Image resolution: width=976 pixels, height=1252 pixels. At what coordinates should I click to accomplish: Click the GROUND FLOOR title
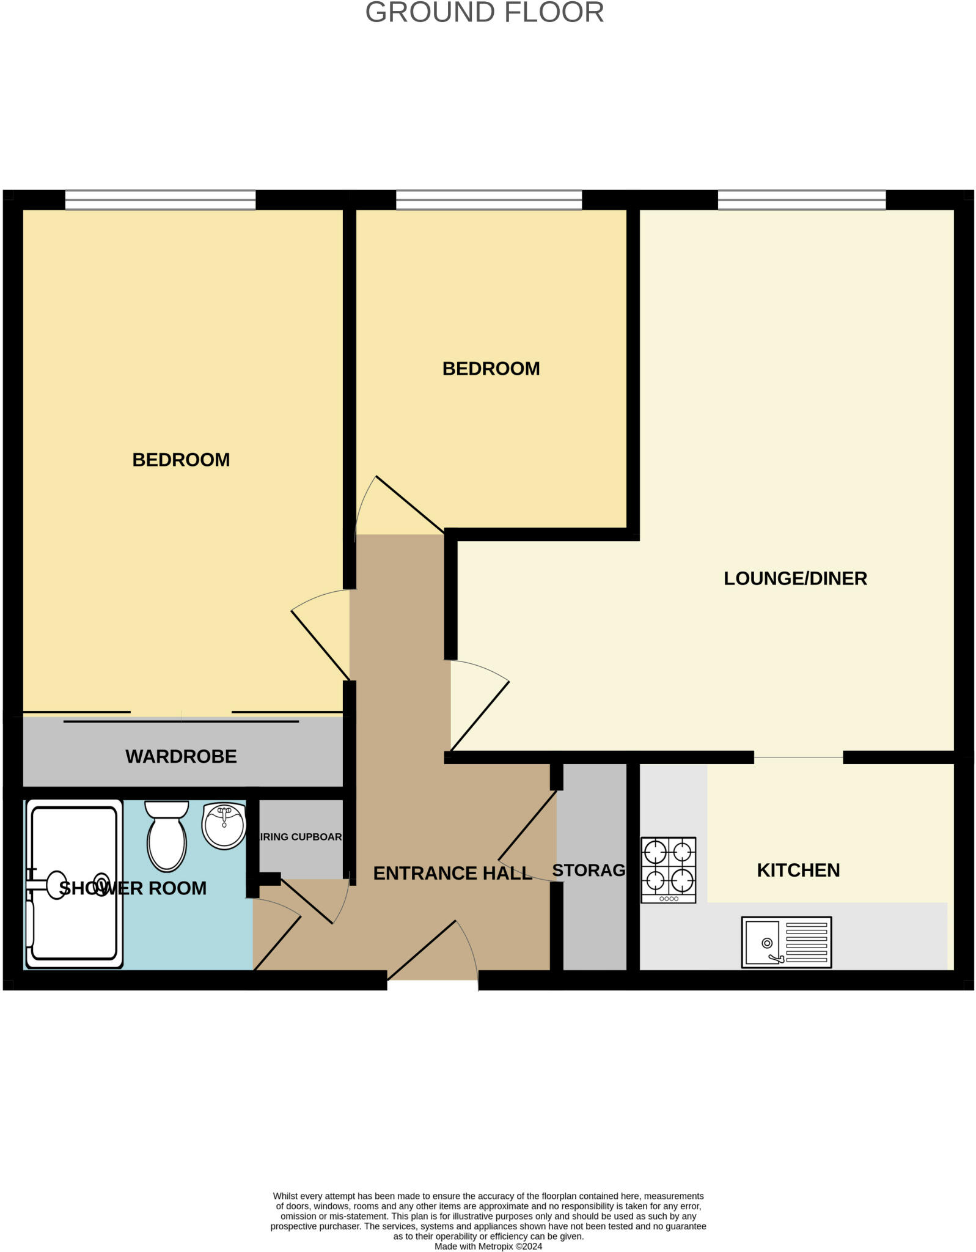484,13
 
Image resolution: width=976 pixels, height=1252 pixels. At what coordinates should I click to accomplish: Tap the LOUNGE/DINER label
794,578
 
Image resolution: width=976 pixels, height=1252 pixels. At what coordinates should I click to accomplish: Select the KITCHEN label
798,870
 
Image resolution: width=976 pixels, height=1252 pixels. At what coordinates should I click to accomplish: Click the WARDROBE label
181,756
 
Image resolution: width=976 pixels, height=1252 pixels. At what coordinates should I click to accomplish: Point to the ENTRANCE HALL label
452,873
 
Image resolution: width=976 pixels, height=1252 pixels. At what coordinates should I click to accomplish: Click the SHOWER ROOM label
133,888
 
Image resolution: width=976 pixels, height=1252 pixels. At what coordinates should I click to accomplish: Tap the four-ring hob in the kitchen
668,870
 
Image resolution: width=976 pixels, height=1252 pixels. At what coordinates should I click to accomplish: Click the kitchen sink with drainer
786,942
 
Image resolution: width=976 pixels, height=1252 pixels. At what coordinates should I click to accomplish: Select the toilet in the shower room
167,836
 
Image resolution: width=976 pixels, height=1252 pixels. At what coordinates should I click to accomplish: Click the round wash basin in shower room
224,826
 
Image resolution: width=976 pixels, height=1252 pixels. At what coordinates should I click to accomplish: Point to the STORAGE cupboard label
589,870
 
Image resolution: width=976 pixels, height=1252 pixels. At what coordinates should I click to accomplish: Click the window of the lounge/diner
801,200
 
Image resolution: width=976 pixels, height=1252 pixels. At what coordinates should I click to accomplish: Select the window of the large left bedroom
160,200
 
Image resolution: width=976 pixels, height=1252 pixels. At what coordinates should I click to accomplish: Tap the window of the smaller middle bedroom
489,200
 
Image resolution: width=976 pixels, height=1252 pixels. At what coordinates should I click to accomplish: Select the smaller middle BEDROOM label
491,369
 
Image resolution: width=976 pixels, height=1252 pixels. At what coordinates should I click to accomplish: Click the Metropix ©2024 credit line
488,1246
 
